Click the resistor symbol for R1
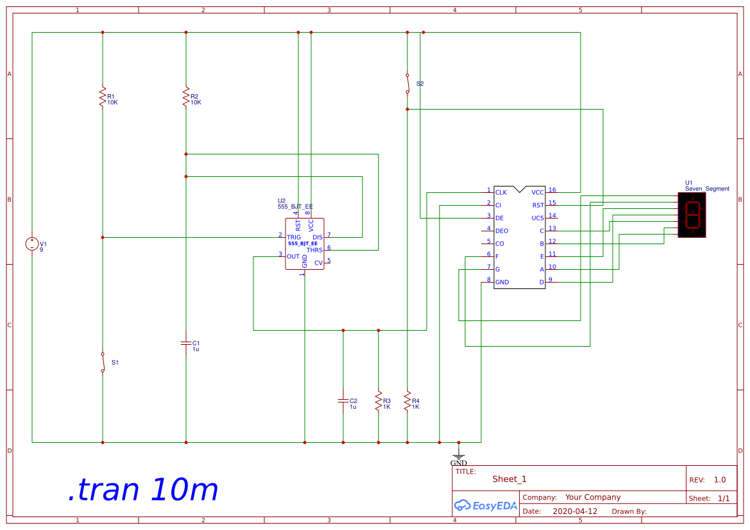pos(102,97)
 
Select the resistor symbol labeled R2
pos(185,97)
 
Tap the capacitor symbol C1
pos(185,343)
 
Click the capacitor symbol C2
pos(343,401)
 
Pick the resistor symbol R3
pos(378,401)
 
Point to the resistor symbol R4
pos(407,401)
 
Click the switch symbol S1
pos(102,362)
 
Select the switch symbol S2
pos(407,84)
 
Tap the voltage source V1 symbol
pos(32,244)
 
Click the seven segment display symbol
pos(692,215)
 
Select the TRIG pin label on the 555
pos(294,237)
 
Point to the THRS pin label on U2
pos(314,250)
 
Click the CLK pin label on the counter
pos(501,192)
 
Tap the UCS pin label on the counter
pos(538,218)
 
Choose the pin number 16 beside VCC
pos(552,190)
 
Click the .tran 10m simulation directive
pos(143,490)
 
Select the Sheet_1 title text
pos(509,479)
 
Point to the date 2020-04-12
pos(575,511)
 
